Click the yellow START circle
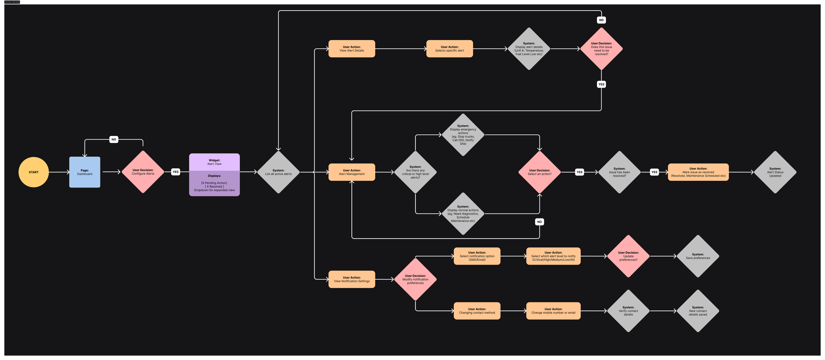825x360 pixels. pos(34,172)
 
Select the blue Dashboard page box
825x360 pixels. pos(85,172)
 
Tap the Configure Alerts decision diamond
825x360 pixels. pos(143,172)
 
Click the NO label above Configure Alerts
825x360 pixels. pos(114,140)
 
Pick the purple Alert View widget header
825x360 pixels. pos(214,162)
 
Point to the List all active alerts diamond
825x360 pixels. pos(279,172)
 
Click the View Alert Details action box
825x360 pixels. pos(352,49)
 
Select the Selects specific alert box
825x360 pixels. pos(449,49)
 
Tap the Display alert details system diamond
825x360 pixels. pos(529,49)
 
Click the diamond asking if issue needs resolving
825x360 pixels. pos(602,49)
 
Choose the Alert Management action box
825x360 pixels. pos(352,172)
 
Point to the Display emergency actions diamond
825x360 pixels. pos(463,135)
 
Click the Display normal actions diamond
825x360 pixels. pos(463,214)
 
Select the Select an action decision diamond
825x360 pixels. pos(540,172)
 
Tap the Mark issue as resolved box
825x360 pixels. pos(698,172)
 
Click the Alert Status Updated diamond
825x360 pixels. pos(775,172)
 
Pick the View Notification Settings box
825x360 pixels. pos(352,279)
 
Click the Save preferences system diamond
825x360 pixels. pos(698,256)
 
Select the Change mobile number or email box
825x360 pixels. pos(553,311)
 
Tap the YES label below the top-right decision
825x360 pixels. pos(602,84)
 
